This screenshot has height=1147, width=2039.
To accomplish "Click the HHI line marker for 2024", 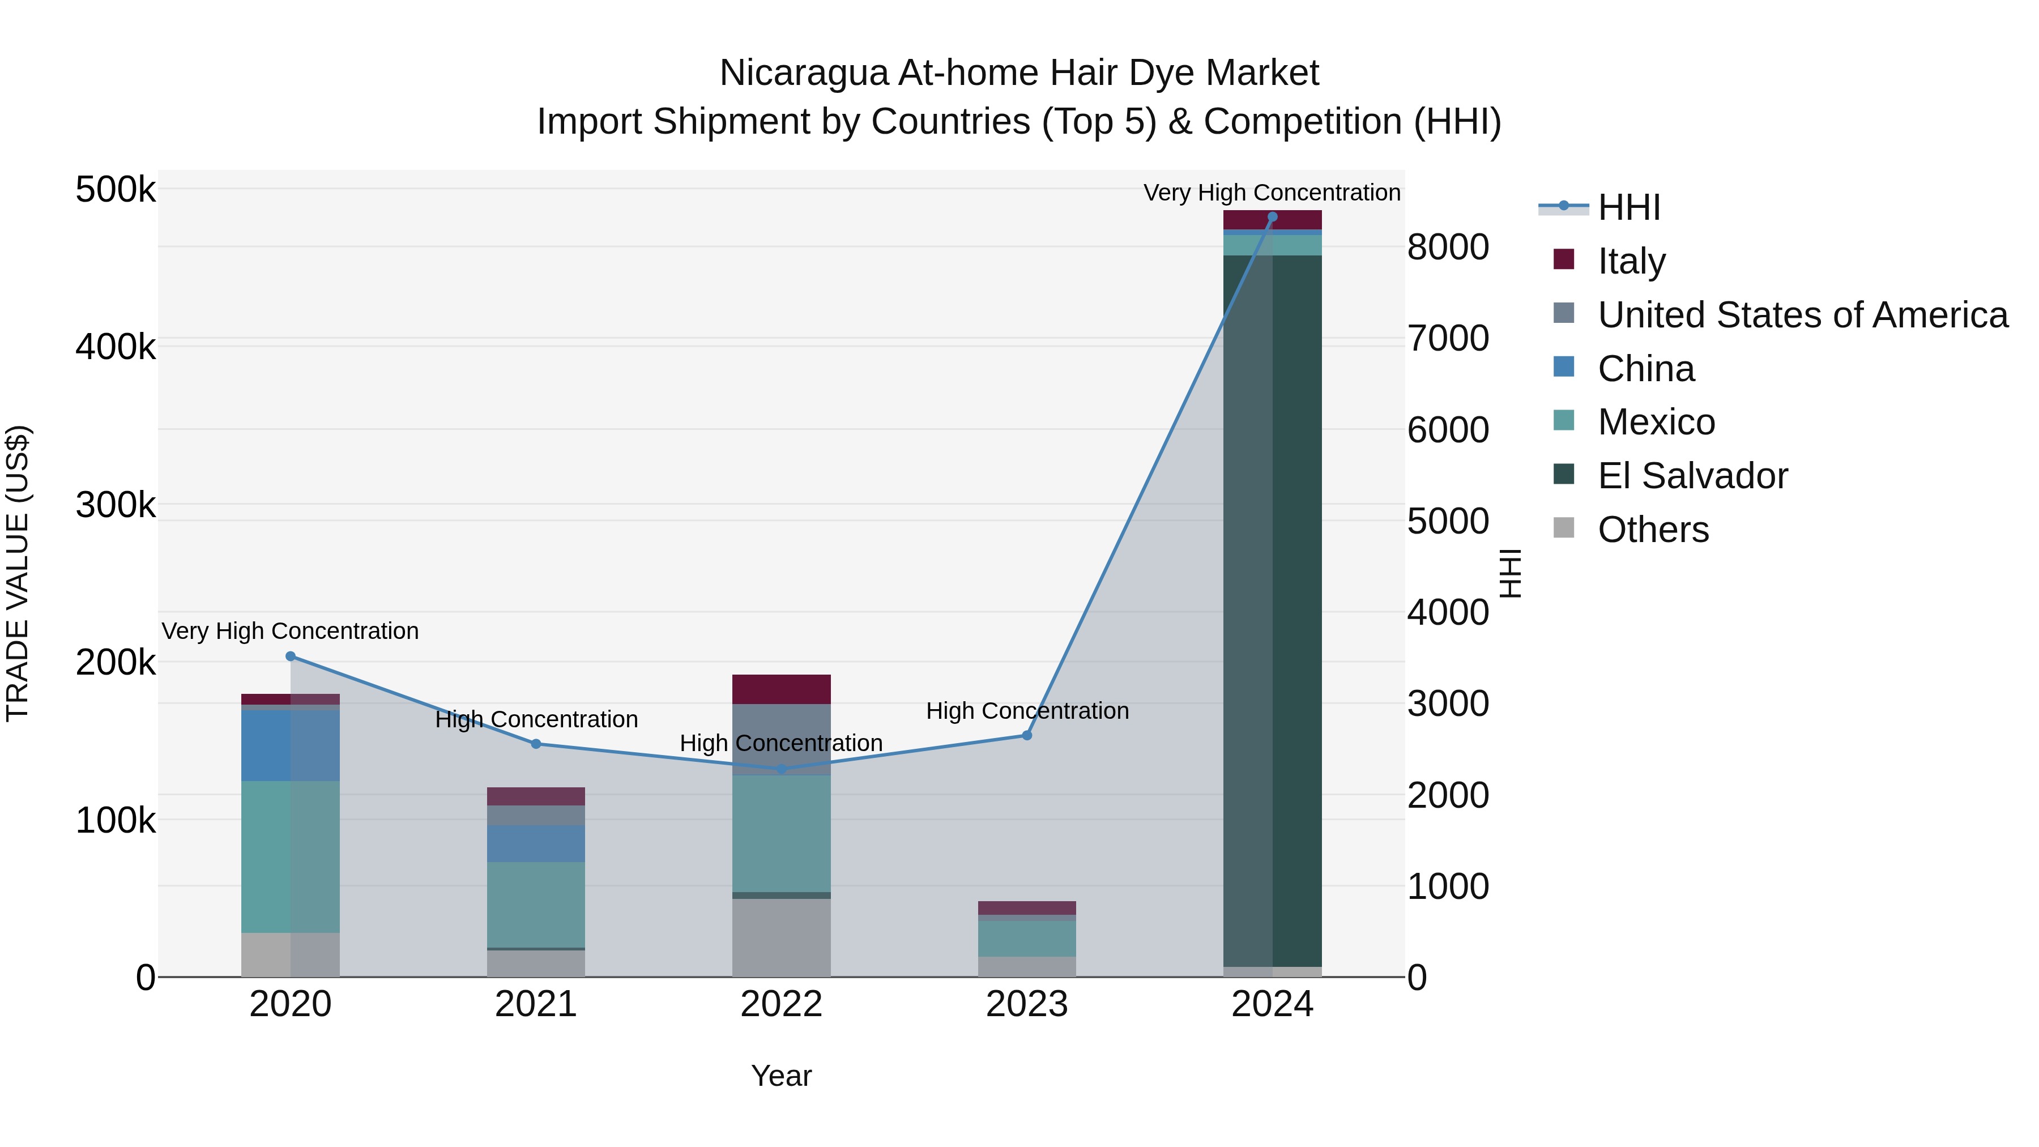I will pos(1272,217).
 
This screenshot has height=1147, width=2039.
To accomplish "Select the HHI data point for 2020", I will pos(291,656).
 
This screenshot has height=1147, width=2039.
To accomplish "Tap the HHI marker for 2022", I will pos(781,769).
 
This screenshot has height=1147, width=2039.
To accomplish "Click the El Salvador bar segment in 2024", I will pos(1272,609).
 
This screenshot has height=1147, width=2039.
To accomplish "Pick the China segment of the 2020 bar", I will pos(291,745).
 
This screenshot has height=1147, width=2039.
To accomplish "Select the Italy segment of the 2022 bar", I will pos(781,689).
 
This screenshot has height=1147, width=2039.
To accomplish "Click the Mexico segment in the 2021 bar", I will pos(536,905).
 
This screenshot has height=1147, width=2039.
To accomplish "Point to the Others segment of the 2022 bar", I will pos(781,937).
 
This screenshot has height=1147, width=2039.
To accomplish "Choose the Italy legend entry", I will pos(1631,261).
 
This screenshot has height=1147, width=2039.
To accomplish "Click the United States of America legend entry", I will pos(1802,314).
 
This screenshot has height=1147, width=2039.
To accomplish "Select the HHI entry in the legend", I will pos(1628,207).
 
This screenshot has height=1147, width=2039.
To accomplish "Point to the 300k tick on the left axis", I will pos(116,504).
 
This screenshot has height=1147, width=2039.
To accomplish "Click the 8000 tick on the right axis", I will pos(1448,247).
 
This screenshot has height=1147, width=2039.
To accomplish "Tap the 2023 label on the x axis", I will pos(1027,1004).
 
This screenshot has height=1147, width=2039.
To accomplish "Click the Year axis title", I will pos(781,1076).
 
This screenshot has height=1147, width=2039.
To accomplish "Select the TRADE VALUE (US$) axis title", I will pos(18,573).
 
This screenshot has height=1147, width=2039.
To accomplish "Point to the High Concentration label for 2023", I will pos(1027,711).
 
